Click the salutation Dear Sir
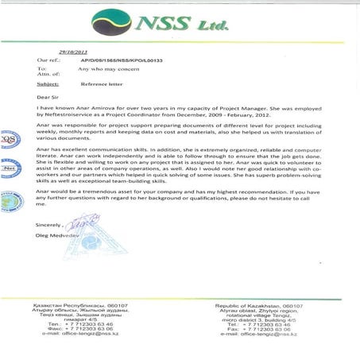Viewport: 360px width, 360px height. [x=48, y=97]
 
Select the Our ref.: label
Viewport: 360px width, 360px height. [x=48, y=60]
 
